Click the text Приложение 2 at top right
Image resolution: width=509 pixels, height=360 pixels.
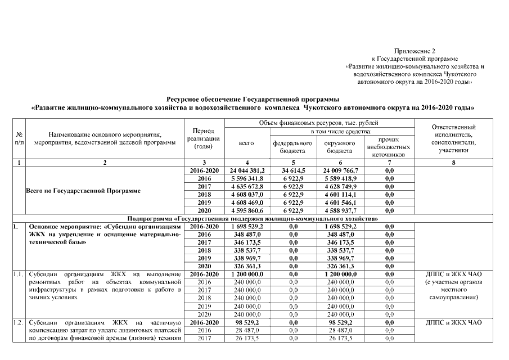pyautogui.click(x=415, y=51)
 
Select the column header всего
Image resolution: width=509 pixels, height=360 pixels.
pyautogui.click(x=247, y=143)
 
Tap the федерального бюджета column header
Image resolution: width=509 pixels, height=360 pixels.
pyautogui.click(x=293, y=147)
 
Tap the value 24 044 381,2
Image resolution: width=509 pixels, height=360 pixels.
pyautogui.click(x=247, y=170)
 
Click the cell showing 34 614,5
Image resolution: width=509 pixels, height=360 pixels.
pyautogui.click(x=293, y=170)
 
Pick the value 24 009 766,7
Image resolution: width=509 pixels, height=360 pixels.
pyautogui.click(x=341, y=170)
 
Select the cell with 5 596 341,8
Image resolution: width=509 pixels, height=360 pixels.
pyautogui.click(x=247, y=178)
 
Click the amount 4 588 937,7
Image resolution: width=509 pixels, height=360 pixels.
pyautogui.click(x=341, y=210)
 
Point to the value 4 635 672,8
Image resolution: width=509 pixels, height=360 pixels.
pyautogui.click(x=247, y=186)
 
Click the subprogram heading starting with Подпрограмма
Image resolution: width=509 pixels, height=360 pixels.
pyautogui.click(x=253, y=218)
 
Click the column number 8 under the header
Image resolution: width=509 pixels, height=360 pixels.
pyautogui.click(x=453, y=163)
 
